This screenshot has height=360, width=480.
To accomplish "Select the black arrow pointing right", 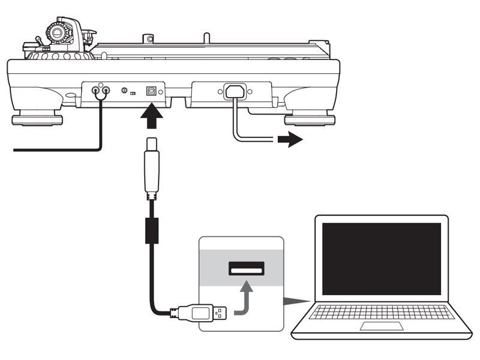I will point(290,140).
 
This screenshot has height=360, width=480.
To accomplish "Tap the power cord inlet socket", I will point(234,92).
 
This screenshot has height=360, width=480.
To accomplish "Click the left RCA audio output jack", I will point(96,91).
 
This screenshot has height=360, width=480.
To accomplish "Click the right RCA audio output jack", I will point(106,91).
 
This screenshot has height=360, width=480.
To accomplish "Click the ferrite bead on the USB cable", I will point(151,230).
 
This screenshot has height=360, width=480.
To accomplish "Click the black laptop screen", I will point(381,258).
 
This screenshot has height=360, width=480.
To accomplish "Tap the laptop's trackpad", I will point(381,326).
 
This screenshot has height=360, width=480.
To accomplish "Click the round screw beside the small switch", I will point(124,91).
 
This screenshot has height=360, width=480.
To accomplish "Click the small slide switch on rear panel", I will point(131,93).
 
